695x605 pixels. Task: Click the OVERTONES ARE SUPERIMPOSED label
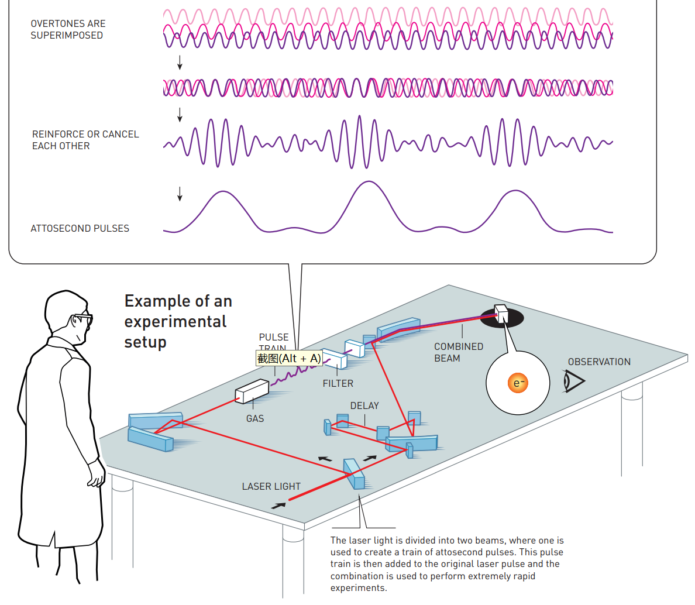coord(68,29)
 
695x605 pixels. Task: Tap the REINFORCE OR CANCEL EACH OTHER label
coord(85,140)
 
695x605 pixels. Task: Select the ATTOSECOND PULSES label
coord(80,228)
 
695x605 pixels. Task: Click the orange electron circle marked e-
coord(518,383)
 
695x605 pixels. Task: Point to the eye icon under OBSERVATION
coord(573,381)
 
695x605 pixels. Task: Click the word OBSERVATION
coord(599,362)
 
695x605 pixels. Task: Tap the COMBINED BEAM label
coord(459,352)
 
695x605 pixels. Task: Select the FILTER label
coord(338,383)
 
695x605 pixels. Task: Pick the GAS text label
coord(255,418)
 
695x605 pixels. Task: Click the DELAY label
coord(364,405)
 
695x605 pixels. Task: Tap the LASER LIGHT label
coord(271,486)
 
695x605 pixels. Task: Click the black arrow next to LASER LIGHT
coord(279,506)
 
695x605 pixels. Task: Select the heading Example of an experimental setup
coord(178,321)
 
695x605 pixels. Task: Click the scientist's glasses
coord(81,319)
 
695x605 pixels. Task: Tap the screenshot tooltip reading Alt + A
coord(289,358)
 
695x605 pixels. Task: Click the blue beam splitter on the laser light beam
coord(354,474)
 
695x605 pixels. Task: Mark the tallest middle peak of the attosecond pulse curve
coord(368,183)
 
